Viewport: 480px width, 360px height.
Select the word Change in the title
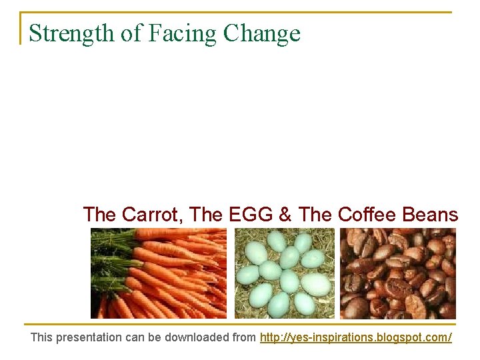click(262, 33)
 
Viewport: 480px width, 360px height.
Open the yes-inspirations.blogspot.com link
click(355, 337)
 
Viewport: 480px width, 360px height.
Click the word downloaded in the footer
click(198, 337)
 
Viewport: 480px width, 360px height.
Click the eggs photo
click(284, 273)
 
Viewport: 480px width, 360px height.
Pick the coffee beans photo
click(398, 273)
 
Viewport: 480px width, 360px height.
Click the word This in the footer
click(41, 337)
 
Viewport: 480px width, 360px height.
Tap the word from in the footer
click(243, 337)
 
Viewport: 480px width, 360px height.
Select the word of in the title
click(129, 33)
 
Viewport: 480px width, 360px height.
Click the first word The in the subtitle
click(99, 215)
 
